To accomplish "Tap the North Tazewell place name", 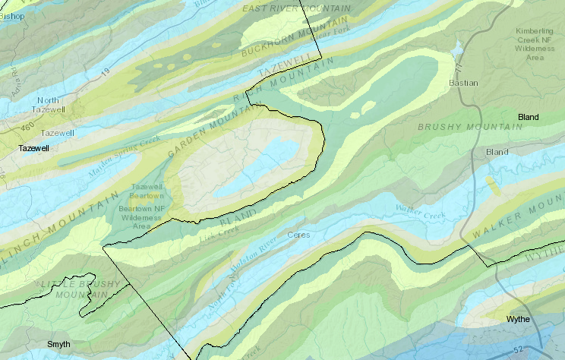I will tap(49, 106).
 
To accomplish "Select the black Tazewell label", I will tap(33, 148).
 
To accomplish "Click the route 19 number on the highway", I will tap(105, 71).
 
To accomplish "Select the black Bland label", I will tap(528, 117).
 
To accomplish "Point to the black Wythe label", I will tap(518, 319).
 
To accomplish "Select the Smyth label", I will tap(58, 344).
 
